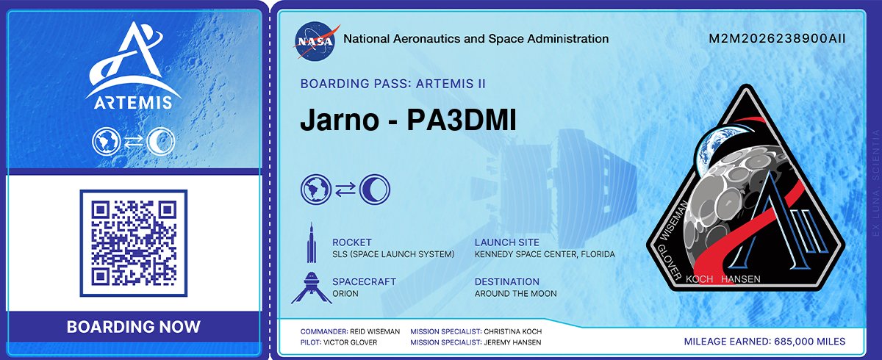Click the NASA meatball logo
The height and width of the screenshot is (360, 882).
click(x=318, y=39)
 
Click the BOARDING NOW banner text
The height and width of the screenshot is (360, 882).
click(x=133, y=327)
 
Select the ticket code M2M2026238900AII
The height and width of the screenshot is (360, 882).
click(x=777, y=39)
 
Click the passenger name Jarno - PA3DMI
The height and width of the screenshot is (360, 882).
click(x=408, y=122)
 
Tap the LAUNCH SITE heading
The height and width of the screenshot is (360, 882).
click(x=506, y=242)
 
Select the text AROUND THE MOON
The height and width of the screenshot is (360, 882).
click(x=515, y=294)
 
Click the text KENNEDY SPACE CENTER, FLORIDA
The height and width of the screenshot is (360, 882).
click(x=545, y=254)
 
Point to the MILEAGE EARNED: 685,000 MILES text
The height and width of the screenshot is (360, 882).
click(x=764, y=342)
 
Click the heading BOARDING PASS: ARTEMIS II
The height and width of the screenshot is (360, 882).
click(x=392, y=84)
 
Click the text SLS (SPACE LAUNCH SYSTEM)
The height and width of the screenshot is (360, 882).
click(x=393, y=254)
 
